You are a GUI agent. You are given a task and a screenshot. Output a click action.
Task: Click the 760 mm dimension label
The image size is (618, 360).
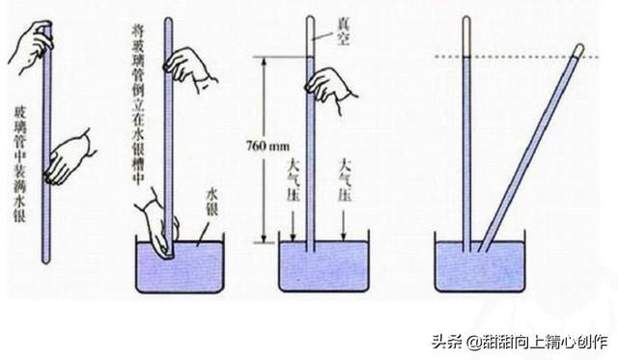click(x=267, y=147)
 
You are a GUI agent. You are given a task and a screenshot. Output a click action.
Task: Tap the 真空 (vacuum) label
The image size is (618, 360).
click(x=342, y=32)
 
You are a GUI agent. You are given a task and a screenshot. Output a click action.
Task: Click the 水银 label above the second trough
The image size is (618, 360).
click(x=212, y=203)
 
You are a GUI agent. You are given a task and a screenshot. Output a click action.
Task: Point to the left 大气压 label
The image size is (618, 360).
click(x=294, y=180)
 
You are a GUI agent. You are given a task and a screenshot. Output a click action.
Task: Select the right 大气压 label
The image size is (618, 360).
click(x=345, y=180)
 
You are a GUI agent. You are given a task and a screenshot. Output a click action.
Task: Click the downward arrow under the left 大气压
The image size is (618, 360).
click(x=293, y=225)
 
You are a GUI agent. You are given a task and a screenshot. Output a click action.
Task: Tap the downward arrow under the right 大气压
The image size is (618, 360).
click(x=344, y=225)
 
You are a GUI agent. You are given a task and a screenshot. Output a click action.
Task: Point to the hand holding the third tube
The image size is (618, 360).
click(x=331, y=90)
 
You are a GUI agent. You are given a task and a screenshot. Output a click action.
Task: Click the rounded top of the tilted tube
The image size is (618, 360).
click(x=579, y=48)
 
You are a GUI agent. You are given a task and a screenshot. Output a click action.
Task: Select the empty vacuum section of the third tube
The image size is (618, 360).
click(x=310, y=37)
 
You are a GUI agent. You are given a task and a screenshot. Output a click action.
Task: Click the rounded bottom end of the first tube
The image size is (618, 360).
click(x=46, y=260)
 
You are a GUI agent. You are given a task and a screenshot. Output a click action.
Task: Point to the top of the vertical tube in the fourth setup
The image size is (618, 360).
click(x=466, y=19)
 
